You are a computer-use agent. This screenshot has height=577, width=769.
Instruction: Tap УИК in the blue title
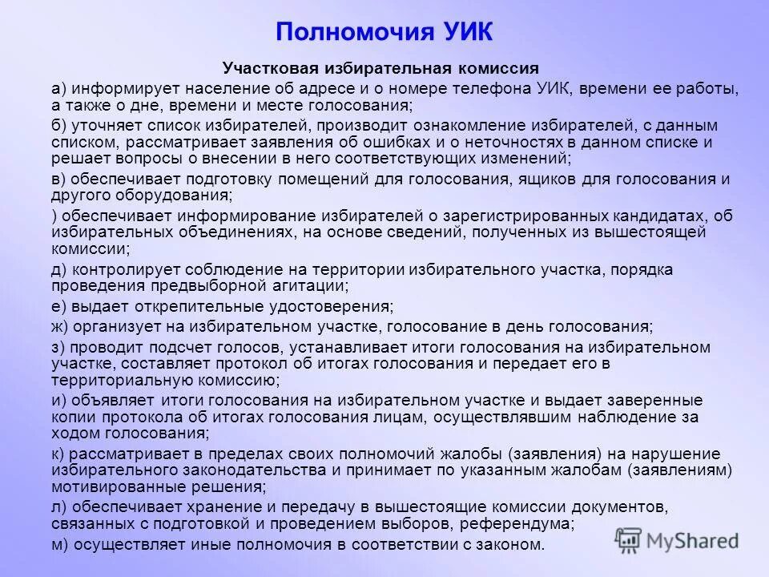coord(465,32)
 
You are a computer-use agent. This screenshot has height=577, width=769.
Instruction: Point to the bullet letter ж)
coord(60,326)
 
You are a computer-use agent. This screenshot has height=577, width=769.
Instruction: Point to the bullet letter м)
coord(60,545)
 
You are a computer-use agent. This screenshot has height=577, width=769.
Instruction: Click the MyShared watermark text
coord(693,540)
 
